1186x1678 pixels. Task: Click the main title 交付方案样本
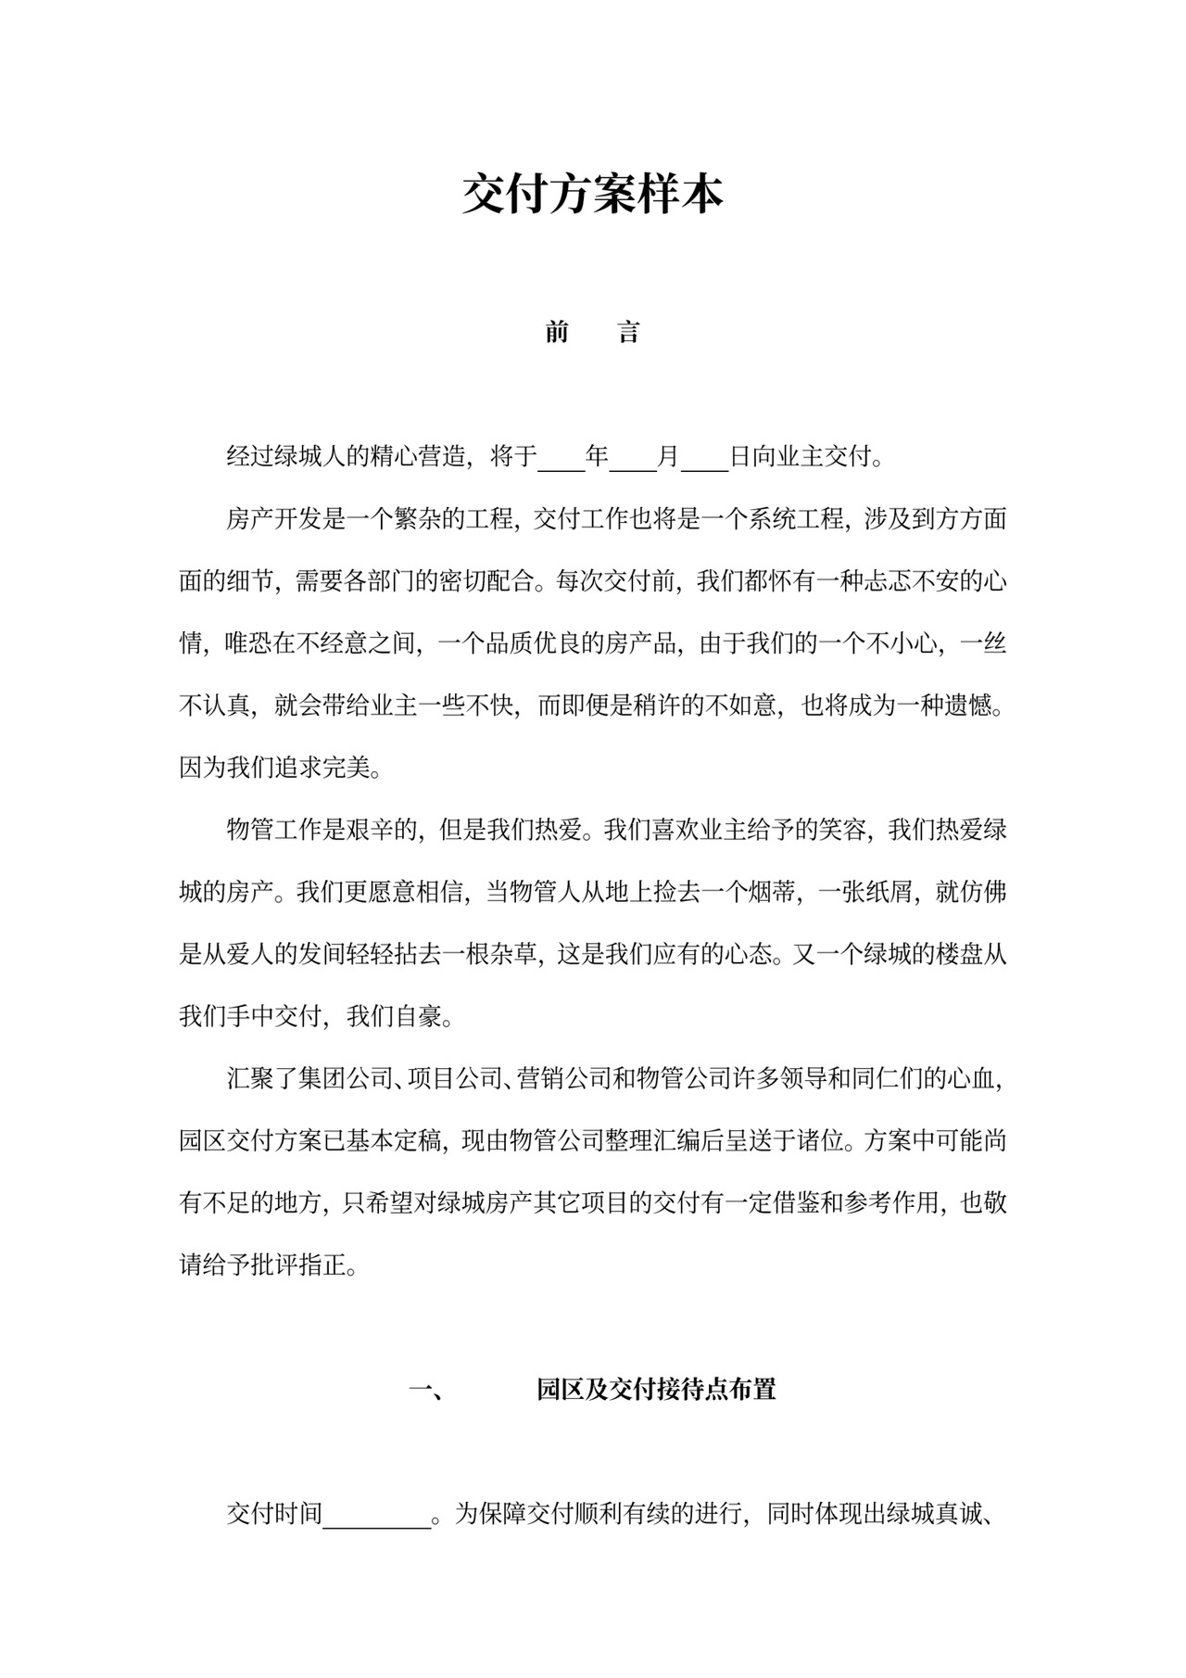592,195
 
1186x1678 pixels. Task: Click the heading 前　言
592,332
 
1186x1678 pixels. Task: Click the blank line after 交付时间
377,1515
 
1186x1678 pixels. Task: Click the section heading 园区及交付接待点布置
656,1390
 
